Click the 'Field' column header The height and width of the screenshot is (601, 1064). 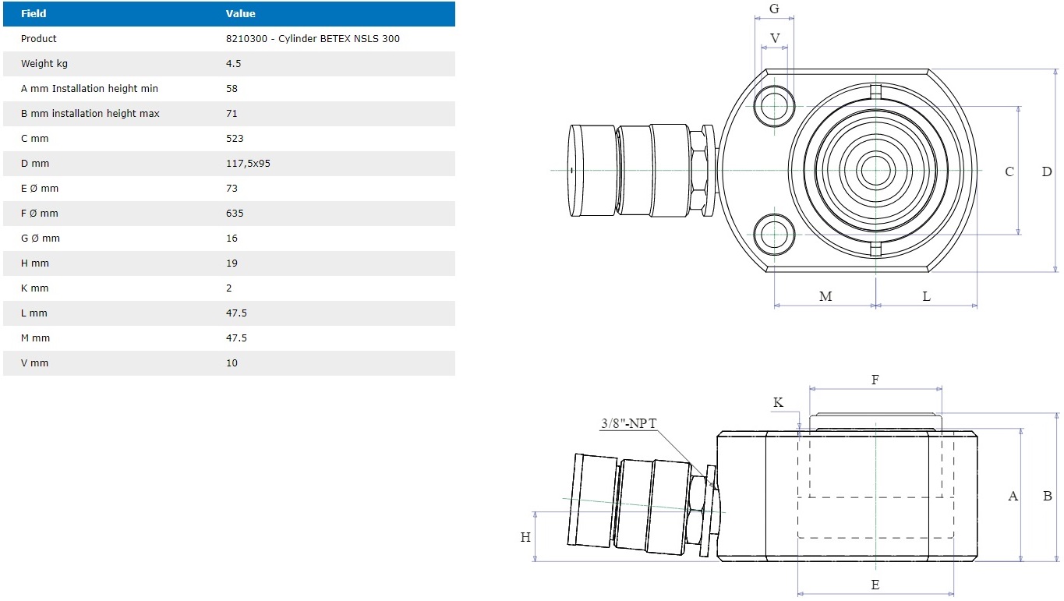34,14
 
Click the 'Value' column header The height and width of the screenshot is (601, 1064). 240,14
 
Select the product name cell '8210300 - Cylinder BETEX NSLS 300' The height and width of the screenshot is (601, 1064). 313,38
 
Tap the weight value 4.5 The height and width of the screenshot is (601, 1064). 233,64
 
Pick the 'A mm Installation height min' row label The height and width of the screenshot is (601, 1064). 90,88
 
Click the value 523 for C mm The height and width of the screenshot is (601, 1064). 235,138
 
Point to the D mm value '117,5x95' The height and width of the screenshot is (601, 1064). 248,164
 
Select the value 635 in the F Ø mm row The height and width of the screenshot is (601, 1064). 235,214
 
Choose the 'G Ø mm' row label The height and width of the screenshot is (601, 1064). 41,238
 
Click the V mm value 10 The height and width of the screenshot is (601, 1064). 232,363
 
